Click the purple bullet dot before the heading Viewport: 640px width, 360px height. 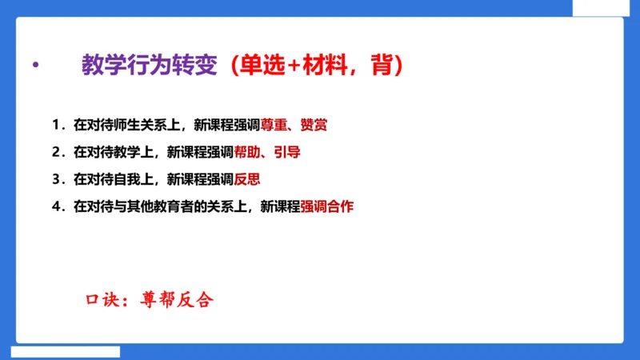[34, 66]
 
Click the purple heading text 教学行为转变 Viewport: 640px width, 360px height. [149, 66]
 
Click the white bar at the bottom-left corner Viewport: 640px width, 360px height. [66, 351]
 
